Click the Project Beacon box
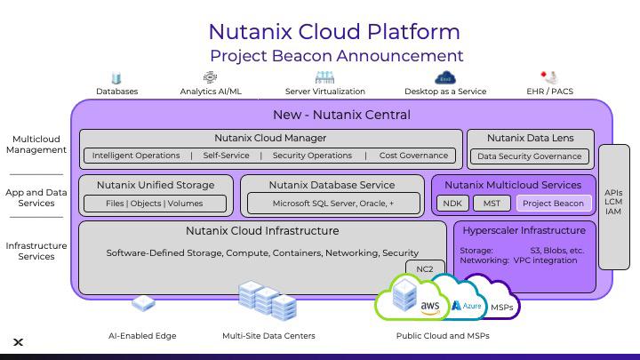pos(554,204)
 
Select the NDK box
pos(452,204)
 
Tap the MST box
pos(492,204)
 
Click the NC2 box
pos(425,269)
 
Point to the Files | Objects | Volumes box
pos(155,204)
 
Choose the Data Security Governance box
pos(530,156)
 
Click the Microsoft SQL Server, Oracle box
pos(333,204)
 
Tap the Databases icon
pos(116,77)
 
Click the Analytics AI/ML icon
pos(210,77)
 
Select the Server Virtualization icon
pos(325,77)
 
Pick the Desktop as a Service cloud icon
pos(445,77)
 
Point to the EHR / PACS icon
pos(549,77)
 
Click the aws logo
pos(430,308)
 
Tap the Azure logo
pos(467,305)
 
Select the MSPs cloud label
pos(501,308)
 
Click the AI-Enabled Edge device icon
pos(143,303)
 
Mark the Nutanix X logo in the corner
pos(18,342)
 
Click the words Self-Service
pos(226,156)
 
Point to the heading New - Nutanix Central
pos(341,115)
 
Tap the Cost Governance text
pos(413,156)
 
